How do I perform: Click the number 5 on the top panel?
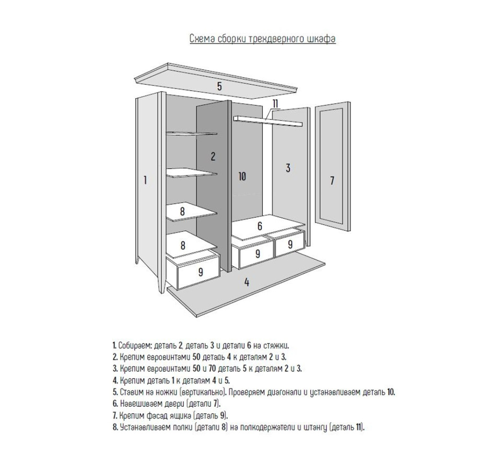click(x=219, y=86)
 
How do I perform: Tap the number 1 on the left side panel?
click(x=145, y=180)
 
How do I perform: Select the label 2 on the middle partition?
click(x=212, y=156)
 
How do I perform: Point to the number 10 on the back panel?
click(x=242, y=177)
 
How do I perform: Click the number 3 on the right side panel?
click(x=288, y=168)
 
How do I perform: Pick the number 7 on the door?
click(x=331, y=181)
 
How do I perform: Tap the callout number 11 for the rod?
click(x=275, y=104)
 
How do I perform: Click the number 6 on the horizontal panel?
click(x=259, y=226)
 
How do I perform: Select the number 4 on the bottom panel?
click(x=247, y=282)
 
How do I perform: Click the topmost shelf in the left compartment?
click(x=192, y=133)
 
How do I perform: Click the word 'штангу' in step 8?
click(x=315, y=427)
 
